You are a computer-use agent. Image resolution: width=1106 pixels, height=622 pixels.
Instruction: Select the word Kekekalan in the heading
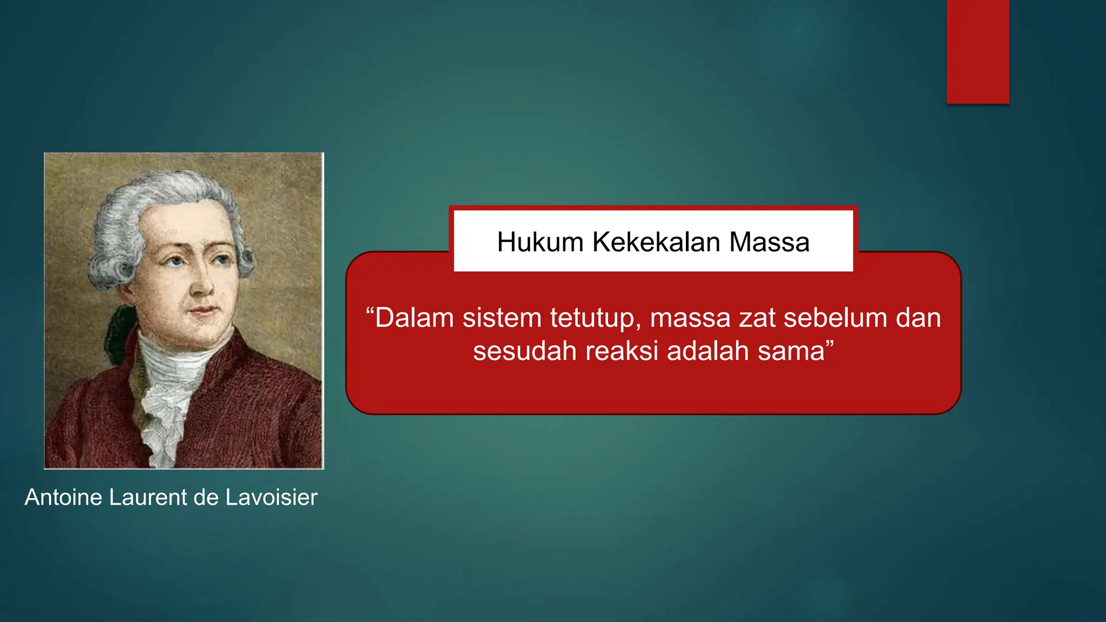(656, 242)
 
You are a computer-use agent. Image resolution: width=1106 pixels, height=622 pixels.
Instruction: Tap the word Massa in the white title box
(769, 242)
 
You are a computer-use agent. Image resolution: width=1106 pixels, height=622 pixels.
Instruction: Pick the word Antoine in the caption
(64, 497)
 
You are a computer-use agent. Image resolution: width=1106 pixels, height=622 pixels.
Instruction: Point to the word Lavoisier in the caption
(271, 497)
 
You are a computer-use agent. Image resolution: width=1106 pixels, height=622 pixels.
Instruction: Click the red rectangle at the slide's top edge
(977, 51)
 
